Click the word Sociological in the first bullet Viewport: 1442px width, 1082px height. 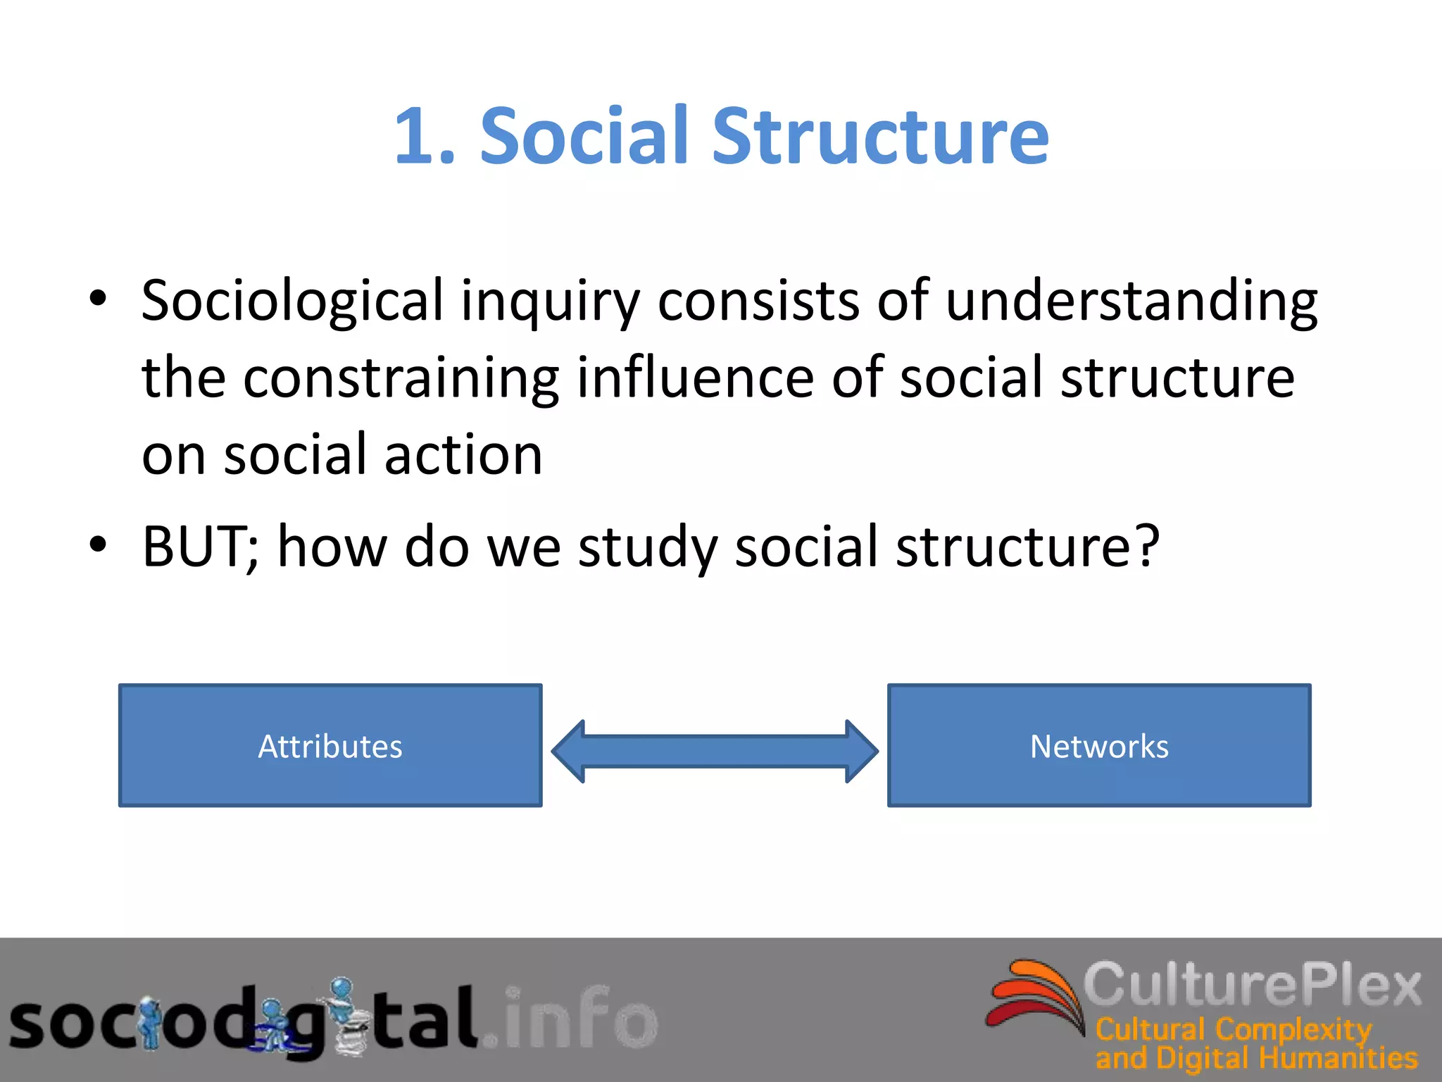[x=292, y=301]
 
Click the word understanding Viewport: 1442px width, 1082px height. [x=1131, y=301]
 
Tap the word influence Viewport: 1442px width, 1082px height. [x=694, y=378]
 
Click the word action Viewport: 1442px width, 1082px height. [x=463, y=455]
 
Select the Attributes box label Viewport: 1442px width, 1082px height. [x=330, y=746]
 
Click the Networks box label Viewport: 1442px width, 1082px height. [x=1099, y=746]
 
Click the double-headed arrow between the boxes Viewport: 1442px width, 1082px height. [x=715, y=751]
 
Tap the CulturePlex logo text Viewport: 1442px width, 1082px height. [x=1252, y=984]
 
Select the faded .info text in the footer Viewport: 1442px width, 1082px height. [x=570, y=1018]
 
